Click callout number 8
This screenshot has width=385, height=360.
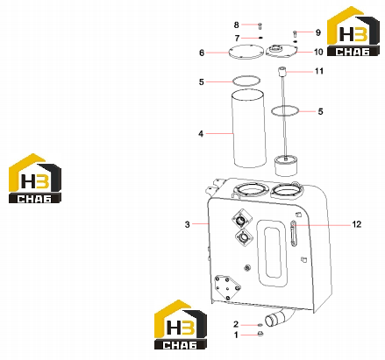pyautogui.click(x=236, y=25)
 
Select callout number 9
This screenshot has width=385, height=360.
pyautogui.click(x=318, y=32)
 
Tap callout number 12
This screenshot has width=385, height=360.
pyautogui.click(x=357, y=224)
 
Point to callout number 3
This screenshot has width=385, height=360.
pyautogui.click(x=187, y=224)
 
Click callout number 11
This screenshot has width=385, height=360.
pyautogui.click(x=319, y=71)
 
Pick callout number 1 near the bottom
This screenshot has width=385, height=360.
pyautogui.click(x=236, y=335)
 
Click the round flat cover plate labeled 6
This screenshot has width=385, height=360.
pyautogui.click(x=246, y=53)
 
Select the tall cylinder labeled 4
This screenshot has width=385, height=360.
pyautogui.click(x=249, y=129)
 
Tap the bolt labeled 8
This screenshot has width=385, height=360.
pyautogui.click(x=260, y=26)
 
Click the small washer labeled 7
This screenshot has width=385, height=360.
pyautogui.click(x=260, y=38)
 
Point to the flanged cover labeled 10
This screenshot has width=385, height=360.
pyautogui.click(x=282, y=51)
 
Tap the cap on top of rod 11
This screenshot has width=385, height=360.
pyautogui.click(x=282, y=71)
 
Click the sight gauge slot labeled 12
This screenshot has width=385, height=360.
pyautogui.click(x=293, y=233)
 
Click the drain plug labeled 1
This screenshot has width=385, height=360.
pyautogui.click(x=260, y=333)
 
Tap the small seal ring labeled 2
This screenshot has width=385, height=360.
pyautogui.click(x=260, y=325)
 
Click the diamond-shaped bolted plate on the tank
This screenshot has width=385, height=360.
pyautogui.click(x=227, y=287)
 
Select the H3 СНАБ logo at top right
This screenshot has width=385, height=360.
pyautogui.click(x=353, y=32)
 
